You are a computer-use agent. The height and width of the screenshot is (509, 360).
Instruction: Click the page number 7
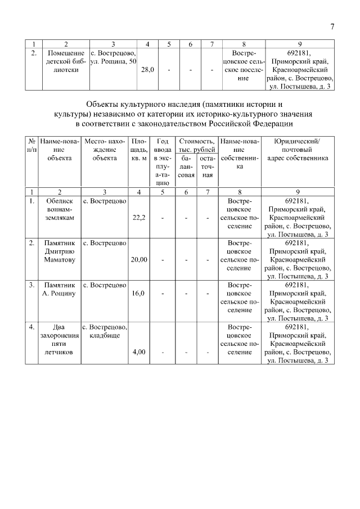tap(332, 27)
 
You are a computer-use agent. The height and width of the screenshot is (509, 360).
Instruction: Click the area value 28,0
tap(148, 70)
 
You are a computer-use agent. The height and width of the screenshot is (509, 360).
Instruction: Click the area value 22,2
tap(139, 218)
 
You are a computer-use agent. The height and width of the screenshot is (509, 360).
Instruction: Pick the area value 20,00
tap(139, 260)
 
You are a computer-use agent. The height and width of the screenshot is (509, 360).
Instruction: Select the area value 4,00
tap(139, 352)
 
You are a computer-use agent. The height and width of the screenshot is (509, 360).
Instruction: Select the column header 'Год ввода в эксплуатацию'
tap(163, 162)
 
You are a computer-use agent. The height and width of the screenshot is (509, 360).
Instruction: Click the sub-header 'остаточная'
tap(208, 167)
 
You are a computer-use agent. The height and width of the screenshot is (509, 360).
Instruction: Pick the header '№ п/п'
tap(32, 145)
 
